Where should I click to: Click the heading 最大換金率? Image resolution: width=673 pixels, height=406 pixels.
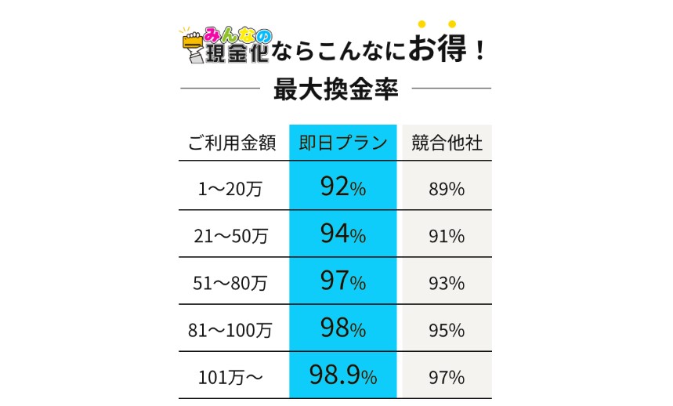click(336, 89)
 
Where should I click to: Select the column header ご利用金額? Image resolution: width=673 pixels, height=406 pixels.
click(233, 143)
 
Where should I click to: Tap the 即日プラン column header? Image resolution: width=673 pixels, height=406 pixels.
click(343, 143)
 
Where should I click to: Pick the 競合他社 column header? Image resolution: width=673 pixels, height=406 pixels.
click(447, 143)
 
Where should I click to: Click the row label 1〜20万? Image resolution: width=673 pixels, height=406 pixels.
click(233, 189)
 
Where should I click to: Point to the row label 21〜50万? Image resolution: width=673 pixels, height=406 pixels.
click(233, 236)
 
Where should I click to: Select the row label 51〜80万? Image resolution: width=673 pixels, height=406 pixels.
click(233, 283)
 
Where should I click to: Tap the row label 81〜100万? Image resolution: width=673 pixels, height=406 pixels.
click(233, 330)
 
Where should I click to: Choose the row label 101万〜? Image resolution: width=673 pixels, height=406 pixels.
click(233, 377)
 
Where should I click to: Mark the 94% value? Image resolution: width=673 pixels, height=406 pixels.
click(343, 234)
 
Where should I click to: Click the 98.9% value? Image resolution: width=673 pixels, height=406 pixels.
click(343, 375)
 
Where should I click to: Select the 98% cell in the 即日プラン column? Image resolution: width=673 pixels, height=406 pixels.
click(343, 328)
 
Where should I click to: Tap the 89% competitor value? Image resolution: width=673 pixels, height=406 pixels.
click(447, 189)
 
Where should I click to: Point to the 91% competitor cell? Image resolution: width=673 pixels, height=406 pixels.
click(447, 236)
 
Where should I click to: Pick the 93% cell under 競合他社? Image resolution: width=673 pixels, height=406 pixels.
click(447, 283)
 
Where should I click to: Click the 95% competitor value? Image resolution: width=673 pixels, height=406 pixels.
click(447, 330)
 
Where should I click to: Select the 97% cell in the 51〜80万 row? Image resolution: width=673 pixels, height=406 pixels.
click(343, 281)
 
